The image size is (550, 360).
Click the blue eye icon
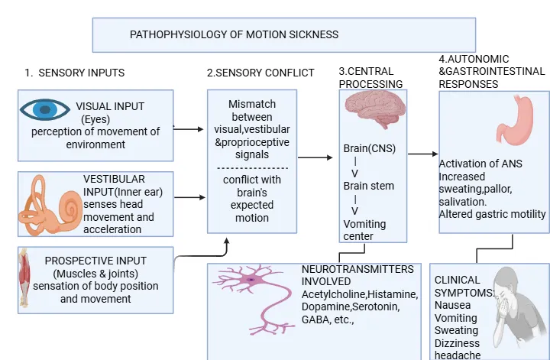[45, 109]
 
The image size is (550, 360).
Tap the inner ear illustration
[50, 206]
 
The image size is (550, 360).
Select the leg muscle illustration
[24, 278]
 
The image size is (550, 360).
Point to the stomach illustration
[515, 120]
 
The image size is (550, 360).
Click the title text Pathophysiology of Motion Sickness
[234, 34]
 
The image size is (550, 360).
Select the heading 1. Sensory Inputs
[74, 73]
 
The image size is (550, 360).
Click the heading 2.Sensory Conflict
[260, 73]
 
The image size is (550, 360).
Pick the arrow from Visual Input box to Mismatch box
[189, 129]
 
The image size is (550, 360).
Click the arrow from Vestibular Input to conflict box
[189, 197]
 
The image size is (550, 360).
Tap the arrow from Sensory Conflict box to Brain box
[315, 157]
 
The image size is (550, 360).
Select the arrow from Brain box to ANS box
[423, 154]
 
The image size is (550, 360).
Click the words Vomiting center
[364, 230]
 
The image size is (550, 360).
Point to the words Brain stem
[369, 186]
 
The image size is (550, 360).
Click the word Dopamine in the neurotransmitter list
[326, 306]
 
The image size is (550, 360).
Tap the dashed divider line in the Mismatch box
[253, 168]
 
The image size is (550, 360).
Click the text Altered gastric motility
[492, 214]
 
